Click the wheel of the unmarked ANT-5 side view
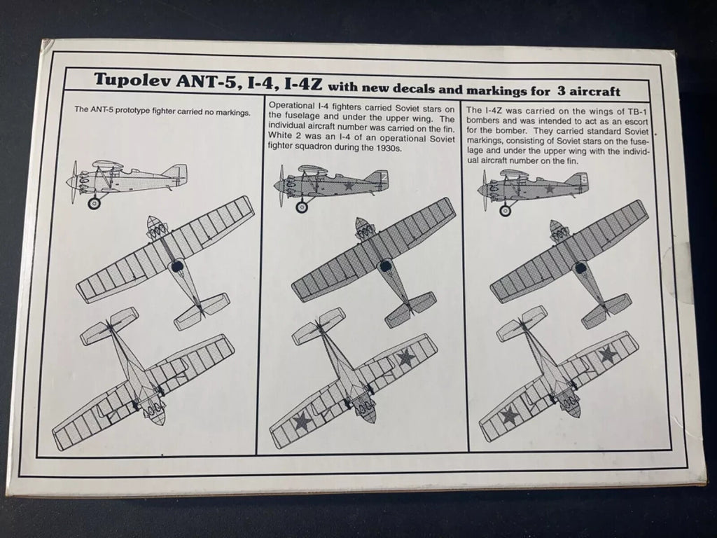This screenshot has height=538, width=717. click(x=94, y=203)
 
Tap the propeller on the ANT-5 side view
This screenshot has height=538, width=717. click(x=74, y=182)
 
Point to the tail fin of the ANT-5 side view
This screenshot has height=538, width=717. click(x=176, y=174)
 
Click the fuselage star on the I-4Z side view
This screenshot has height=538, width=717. click(x=549, y=190)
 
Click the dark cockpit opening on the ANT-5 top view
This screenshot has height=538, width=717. click(x=178, y=266)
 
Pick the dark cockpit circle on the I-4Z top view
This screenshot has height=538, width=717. click(x=580, y=267)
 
